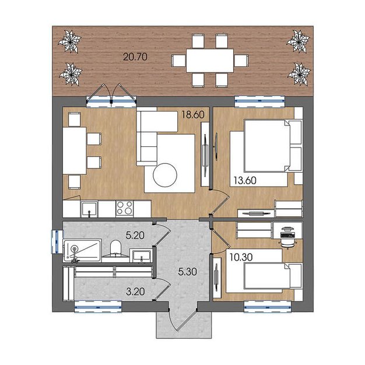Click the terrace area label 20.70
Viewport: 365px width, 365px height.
click(x=135, y=57)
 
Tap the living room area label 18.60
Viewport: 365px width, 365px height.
click(x=193, y=114)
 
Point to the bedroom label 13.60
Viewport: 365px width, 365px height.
click(x=245, y=180)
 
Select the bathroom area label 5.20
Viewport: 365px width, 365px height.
click(x=135, y=236)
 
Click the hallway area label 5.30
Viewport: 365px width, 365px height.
click(x=188, y=272)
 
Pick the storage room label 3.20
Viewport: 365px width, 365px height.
click(x=135, y=292)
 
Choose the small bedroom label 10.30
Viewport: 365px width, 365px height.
click(x=241, y=257)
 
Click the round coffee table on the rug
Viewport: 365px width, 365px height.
click(x=165, y=175)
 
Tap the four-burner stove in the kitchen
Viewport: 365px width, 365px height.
click(x=125, y=208)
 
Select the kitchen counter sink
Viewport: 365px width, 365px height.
click(x=89, y=209)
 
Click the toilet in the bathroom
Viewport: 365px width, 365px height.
click(x=115, y=248)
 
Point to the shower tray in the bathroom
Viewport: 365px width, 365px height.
click(x=82, y=250)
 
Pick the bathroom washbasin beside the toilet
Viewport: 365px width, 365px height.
click(x=142, y=255)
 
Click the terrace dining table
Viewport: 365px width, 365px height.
click(x=210, y=61)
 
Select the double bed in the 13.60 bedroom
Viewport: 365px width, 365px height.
click(x=273, y=146)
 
